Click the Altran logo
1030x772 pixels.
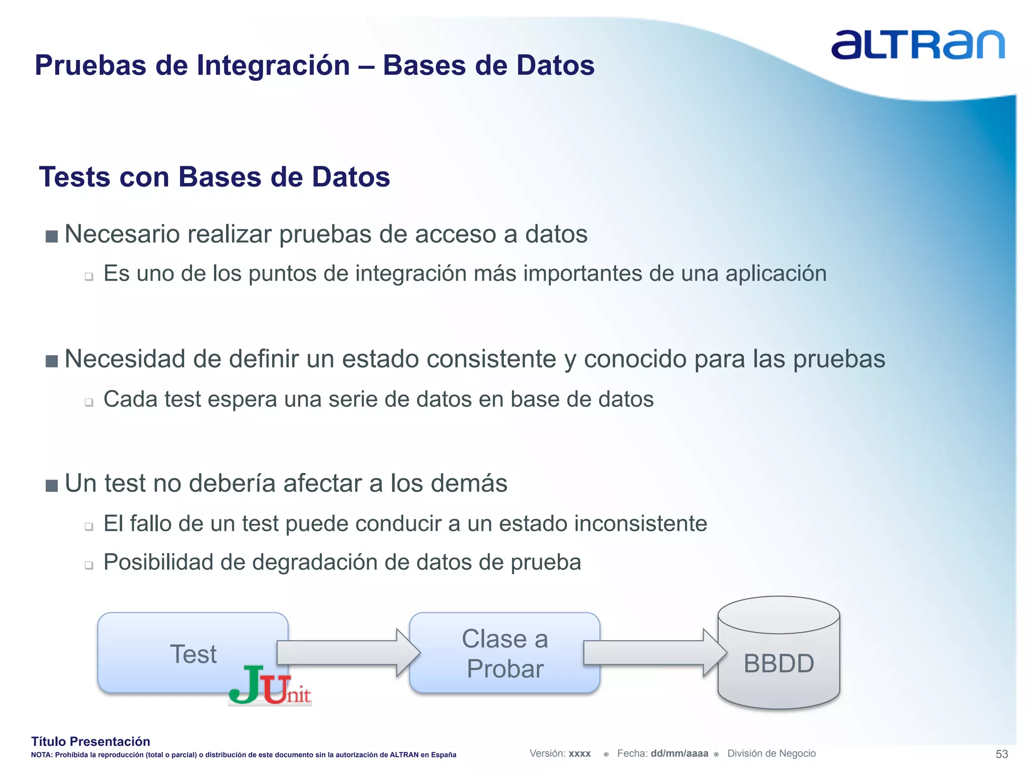pos(917,45)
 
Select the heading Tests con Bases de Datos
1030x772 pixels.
pos(214,177)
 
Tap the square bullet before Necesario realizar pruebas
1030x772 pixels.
pos(52,236)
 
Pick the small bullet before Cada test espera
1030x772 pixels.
pos(89,402)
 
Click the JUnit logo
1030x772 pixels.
pos(270,686)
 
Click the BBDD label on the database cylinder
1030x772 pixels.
pos(779,663)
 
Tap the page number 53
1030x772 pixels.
pos(1001,754)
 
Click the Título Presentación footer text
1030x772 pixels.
pos(91,741)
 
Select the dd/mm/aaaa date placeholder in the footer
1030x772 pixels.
pos(679,753)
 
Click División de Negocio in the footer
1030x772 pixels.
pos(771,753)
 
